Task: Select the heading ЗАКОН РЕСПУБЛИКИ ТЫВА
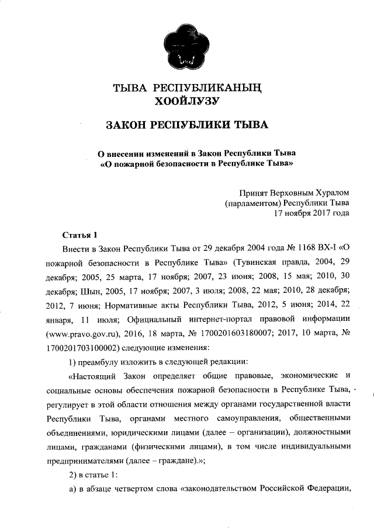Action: click(187, 125)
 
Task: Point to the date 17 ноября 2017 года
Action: click(312, 214)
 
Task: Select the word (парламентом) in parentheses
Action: click(252, 203)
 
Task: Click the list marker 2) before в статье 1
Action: click(74, 473)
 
